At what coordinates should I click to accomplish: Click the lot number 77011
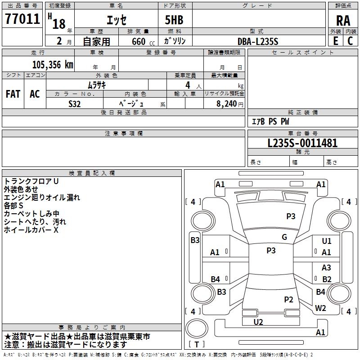[x=22, y=18]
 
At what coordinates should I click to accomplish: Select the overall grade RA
[x=343, y=21]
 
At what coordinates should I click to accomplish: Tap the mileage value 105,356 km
[x=53, y=65]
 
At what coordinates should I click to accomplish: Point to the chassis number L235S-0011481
[x=302, y=143]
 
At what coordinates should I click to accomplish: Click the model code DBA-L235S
[x=258, y=41]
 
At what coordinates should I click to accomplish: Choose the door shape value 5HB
[x=174, y=20]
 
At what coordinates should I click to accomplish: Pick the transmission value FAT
[x=13, y=94]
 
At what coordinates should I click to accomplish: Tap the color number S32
[x=75, y=104]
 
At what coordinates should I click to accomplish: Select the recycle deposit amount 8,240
[x=227, y=104]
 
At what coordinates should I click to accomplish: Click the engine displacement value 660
[x=139, y=41]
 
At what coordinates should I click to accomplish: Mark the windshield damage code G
[x=284, y=237]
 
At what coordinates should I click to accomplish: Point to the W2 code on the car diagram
[x=320, y=308]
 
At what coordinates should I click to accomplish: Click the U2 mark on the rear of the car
[x=258, y=322]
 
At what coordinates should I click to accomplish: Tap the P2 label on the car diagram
[x=288, y=299]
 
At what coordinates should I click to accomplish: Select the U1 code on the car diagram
[x=327, y=241]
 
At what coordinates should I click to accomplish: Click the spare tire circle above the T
[x=197, y=328]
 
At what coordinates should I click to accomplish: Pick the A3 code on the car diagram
[x=326, y=267]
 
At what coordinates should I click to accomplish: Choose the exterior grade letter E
[x=336, y=41]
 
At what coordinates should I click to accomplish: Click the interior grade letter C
[x=351, y=41]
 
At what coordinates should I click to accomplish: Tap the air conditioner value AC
[x=35, y=94]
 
